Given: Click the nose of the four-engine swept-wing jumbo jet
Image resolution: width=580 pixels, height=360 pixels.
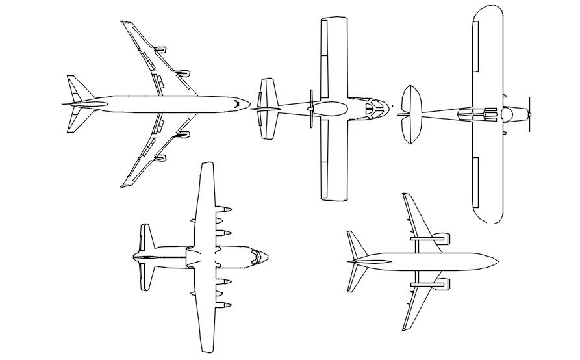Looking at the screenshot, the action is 246,103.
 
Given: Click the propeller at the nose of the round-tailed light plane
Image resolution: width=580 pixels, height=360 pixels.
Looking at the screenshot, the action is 530,114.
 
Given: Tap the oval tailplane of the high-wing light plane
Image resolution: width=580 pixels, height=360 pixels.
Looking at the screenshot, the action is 412,114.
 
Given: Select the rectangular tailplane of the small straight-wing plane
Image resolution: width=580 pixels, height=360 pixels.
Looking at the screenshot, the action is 267,109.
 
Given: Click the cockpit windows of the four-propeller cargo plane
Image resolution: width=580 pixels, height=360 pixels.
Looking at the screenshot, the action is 259,258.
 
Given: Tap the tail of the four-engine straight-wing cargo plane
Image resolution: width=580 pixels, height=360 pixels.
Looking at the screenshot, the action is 145,257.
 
